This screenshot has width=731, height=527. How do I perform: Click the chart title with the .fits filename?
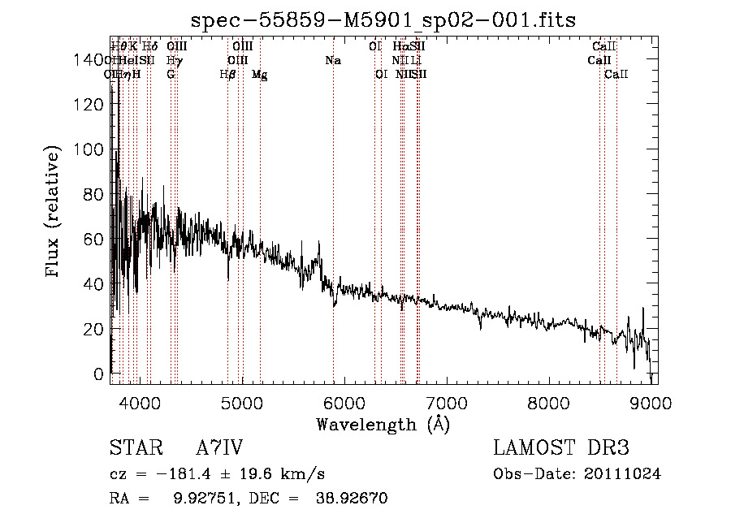point(383,20)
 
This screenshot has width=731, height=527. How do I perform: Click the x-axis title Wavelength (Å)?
point(383,424)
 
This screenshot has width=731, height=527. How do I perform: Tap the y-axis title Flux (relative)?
point(54,214)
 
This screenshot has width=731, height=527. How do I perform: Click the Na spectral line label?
point(332,61)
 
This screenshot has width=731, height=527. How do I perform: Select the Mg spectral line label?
point(259,75)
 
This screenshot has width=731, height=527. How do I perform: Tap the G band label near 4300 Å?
point(171,75)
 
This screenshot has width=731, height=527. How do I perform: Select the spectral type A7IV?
point(219,448)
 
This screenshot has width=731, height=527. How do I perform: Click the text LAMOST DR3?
point(561,448)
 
